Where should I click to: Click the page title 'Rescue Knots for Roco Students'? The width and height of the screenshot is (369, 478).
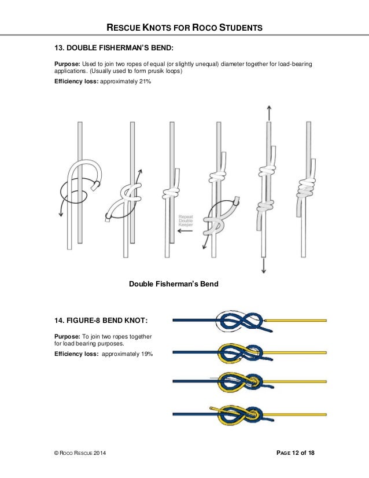point(184,27)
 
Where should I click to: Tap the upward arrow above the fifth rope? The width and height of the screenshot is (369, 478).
point(268,113)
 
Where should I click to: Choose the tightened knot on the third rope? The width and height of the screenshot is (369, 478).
point(171,193)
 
